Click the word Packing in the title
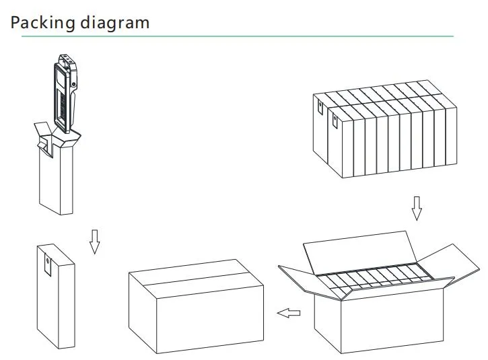(x=43, y=23)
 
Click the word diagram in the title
(x=115, y=23)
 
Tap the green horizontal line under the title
(x=238, y=36)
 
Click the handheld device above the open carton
(x=65, y=94)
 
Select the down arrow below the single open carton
(x=95, y=242)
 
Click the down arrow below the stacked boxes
(x=417, y=208)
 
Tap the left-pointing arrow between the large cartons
(x=289, y=313)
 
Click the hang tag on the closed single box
(x=48, y=265)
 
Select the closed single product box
(x=56, y=296)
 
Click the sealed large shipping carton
(x=196, y=306)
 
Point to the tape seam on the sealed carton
(x=196, y=279)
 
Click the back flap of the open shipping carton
(x=360, y=252)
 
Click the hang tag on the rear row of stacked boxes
(x=320, y=107)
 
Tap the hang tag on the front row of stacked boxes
(x=335, y=120)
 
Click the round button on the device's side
(x=74, y=83)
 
